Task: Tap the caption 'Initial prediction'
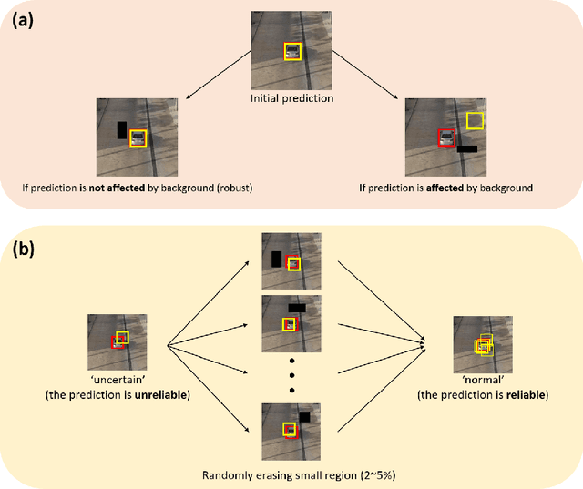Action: coord(291,97)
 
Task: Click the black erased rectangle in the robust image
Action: coord(122,130)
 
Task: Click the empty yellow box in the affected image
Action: coord(475,121)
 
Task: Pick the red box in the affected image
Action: coord(446,138)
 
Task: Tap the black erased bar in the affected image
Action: coord(466,148)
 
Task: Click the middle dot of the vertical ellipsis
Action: coord(291,376)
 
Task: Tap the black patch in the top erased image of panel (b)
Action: coord(276,260)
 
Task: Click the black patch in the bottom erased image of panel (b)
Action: coord(304,416)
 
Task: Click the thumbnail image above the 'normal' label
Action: coord(484,341)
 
